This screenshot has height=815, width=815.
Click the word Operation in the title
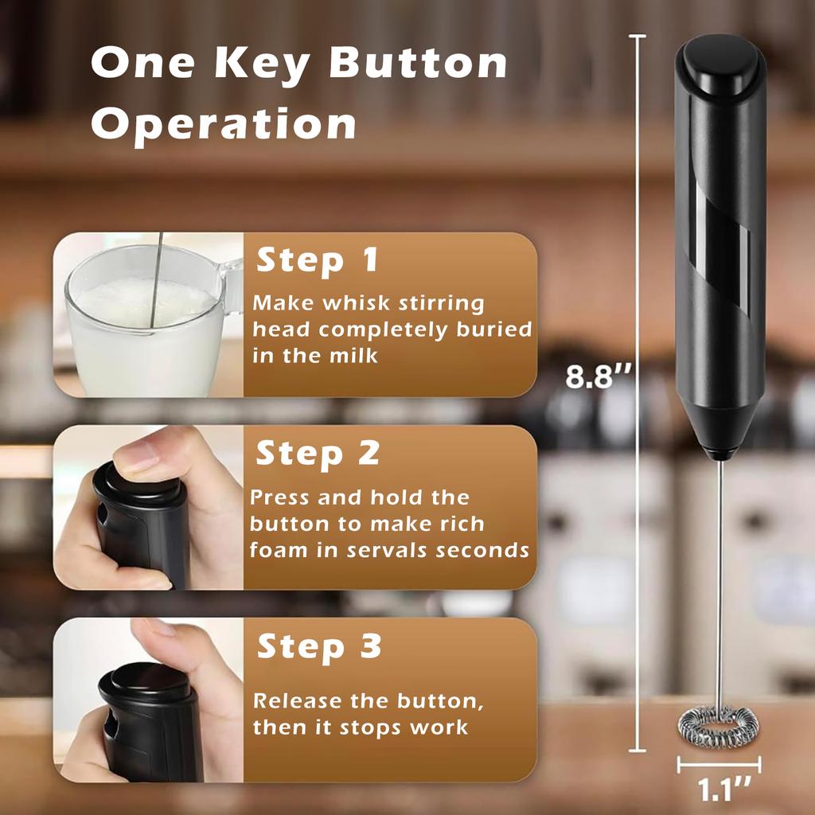coord(224,123)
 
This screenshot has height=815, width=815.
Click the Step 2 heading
coord(317,453)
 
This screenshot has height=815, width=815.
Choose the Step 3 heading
coord(318,647)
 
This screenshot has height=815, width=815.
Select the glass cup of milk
coord(143,326)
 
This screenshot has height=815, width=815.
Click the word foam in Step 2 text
coord(282,549)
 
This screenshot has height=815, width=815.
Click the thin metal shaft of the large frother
coord(719,573)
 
